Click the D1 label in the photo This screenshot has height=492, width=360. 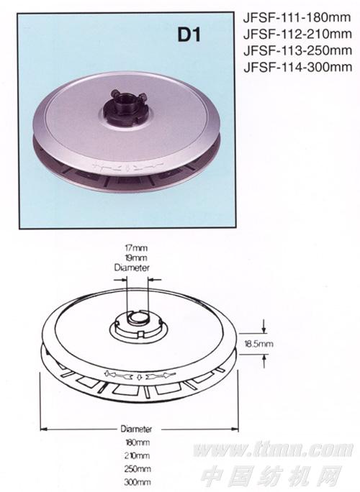click(189, 35)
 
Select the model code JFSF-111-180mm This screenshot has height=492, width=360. click(297, 17)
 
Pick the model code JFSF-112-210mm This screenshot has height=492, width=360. click(297, 34)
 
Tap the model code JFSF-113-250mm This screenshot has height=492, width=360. click(297, 50)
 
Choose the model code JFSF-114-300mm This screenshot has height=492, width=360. click(297, 67)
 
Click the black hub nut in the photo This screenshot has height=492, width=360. click(126, 106)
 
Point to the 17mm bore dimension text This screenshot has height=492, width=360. click(135, 247)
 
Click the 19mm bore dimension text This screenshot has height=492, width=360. click(135, 258)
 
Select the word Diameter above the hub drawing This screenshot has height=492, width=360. click(132, 268)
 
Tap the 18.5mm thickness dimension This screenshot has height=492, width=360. click(258, 344)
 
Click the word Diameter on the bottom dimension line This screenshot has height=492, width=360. click(136, 429)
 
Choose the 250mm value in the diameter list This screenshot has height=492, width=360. click(138, 469)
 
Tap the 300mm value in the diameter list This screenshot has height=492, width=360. click(138, 482)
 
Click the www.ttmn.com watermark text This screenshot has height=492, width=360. click(273, 450)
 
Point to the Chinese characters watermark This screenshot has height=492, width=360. click(271, 475)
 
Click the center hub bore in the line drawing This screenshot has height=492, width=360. click(137, 318)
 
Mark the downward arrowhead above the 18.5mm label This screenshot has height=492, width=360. click(264, 329)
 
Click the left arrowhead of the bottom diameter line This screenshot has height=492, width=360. click(44, 429)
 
